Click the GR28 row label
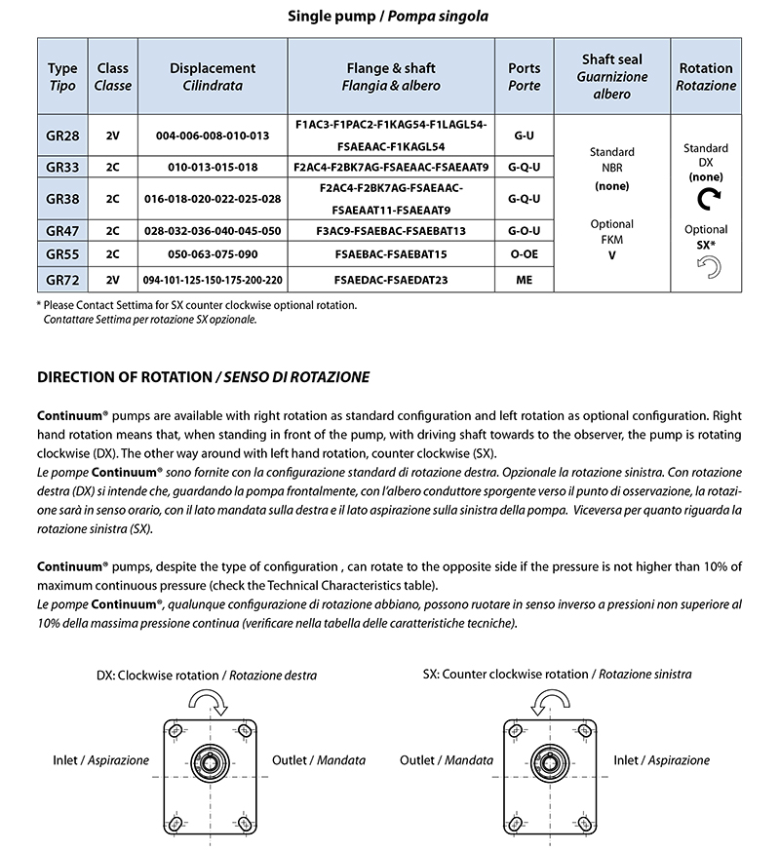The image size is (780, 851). (62, 135)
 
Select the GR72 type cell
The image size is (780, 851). (62, 280)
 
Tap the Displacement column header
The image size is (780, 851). (213, 77)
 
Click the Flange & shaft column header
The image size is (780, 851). (391, 77)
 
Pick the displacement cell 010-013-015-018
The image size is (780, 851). (213, 167)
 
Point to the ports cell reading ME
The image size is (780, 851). (525, 280)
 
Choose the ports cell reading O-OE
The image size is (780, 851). (525, 254)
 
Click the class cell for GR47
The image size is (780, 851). (113, 232)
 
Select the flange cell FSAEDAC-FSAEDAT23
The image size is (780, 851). (391, 280)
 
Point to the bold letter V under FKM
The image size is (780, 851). (612, 256)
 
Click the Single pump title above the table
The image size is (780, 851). (390, 17)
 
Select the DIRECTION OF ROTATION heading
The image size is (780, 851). (203, 377)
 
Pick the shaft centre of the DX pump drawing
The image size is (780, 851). (210, 760)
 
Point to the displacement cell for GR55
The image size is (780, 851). (213, 254)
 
